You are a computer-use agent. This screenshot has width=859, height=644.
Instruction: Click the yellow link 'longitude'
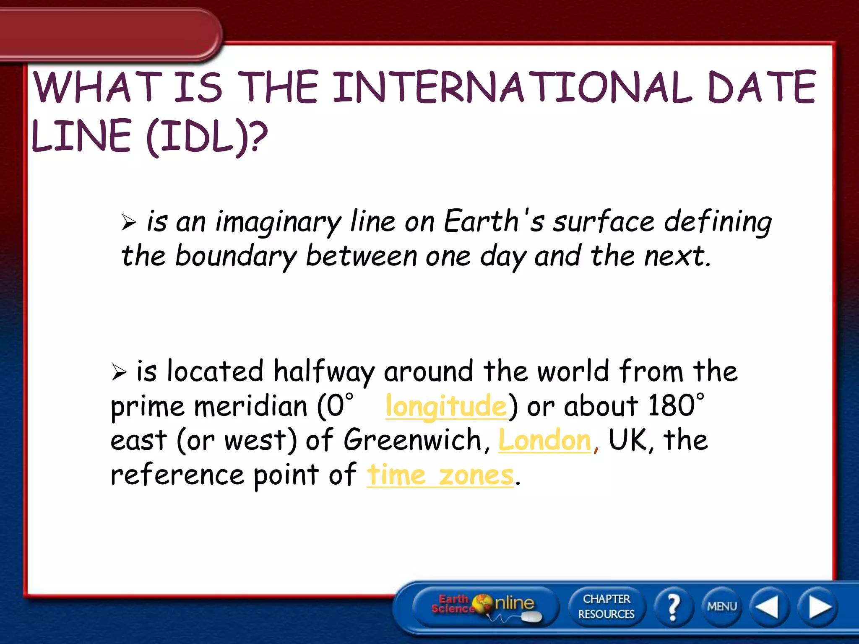tap(446, 406)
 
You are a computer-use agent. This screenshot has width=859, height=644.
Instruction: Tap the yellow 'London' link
tap(544, 440)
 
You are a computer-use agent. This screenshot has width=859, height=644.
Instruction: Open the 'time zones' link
tap(440, 475)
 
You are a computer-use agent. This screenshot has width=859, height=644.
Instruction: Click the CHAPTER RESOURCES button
tap(606, 606)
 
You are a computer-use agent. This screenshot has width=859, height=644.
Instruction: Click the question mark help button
tap(673, 606)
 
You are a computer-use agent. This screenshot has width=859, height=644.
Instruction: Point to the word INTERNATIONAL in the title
tap(512, 87)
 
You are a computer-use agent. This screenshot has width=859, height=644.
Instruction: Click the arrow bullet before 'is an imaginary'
tap(128, 222)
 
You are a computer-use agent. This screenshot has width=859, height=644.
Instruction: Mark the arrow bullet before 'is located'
tap(119, 372)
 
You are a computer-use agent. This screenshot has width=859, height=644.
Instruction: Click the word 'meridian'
tap(251, 406)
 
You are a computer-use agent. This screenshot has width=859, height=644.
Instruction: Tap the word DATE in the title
tap(761, 87)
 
